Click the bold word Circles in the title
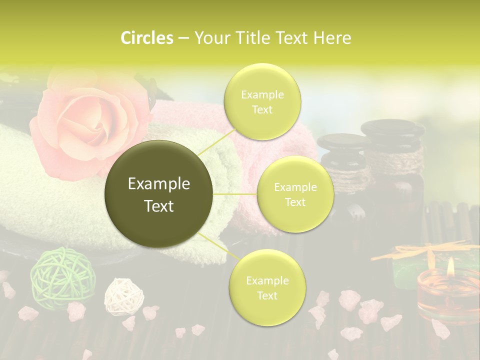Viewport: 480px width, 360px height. coord(146,38)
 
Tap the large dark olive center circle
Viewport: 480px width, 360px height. coord(159,194)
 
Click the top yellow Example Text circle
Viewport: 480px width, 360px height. coord(262,101)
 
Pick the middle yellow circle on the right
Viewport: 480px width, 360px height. coord(295,194)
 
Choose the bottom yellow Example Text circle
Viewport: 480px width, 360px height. coord(267,287)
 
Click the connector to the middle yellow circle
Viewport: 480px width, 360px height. coord(235,193)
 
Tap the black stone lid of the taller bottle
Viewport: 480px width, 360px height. coord(392,129)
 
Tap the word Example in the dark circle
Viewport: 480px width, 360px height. coord(159,184)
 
